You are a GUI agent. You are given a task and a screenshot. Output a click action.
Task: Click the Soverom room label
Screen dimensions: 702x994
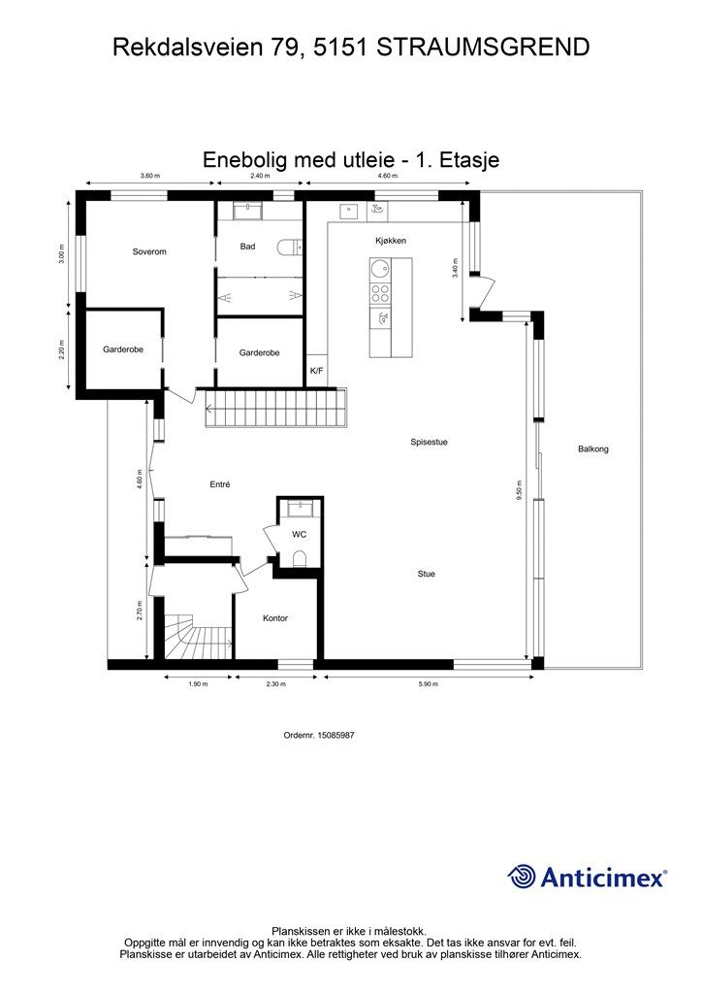click(x=149, y=251)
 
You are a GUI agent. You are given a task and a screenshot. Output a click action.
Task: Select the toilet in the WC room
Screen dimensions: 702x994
click(x=300, y=558)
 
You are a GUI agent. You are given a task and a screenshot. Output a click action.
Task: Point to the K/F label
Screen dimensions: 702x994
click(x=316, y=370)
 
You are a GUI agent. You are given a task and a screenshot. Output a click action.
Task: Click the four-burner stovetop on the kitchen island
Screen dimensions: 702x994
click(x=380, y=293)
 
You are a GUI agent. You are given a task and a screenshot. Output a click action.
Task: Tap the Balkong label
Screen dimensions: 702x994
click(x=593, y=448)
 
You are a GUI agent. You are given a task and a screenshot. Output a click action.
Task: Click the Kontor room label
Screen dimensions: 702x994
click(x=275, y=618)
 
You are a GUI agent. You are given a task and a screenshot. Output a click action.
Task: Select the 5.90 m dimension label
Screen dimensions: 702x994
click(x=429, y=684)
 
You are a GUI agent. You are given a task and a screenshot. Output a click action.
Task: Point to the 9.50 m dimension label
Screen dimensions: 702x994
click(x=520, y=490)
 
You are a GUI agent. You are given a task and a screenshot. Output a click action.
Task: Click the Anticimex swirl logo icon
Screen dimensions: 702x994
click(x=522, y=878)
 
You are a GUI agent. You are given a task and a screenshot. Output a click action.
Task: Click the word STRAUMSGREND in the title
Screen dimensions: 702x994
click(x=483, y=48)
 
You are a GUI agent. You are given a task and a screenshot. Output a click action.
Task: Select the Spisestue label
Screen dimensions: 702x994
click(x=430, y=443)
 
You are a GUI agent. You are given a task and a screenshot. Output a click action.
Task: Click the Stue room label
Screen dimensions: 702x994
click(x=426, y=574)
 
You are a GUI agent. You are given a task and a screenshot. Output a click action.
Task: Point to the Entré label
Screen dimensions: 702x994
click(x=220, y=485)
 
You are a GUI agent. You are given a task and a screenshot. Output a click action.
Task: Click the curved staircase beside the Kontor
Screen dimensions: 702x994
click(x=198, y=636)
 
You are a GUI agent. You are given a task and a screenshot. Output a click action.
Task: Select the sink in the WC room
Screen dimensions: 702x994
click(x=300, y=507)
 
